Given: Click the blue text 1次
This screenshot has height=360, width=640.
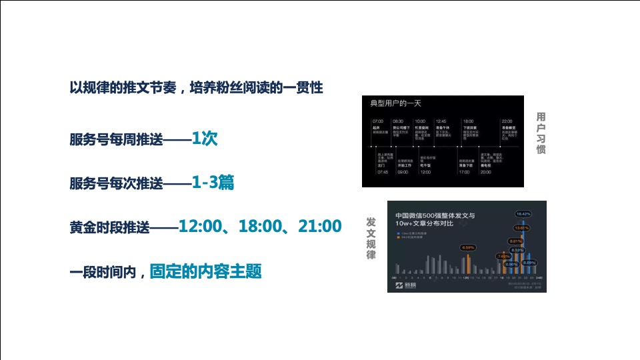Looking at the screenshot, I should pos(205,139).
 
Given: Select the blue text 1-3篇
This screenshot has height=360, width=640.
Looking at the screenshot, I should pos(213,183).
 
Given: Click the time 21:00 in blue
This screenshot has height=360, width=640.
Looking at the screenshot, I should pos(319,227).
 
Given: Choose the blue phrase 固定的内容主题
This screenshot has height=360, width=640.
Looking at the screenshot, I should pos(205,271).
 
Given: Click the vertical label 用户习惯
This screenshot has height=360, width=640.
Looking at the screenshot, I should pos(541,133).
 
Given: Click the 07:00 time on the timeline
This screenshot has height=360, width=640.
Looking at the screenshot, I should pos(377,121).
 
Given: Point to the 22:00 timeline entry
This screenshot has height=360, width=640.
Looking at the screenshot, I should pos(507,121).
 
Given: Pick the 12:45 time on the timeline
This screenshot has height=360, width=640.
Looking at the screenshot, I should pos(441,121).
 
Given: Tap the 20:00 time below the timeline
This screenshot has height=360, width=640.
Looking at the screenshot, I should pos(485,172).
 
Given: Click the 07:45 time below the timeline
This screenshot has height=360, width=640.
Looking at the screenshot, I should pos(382,172).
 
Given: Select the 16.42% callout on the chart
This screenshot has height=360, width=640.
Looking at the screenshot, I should pos(523,214).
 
